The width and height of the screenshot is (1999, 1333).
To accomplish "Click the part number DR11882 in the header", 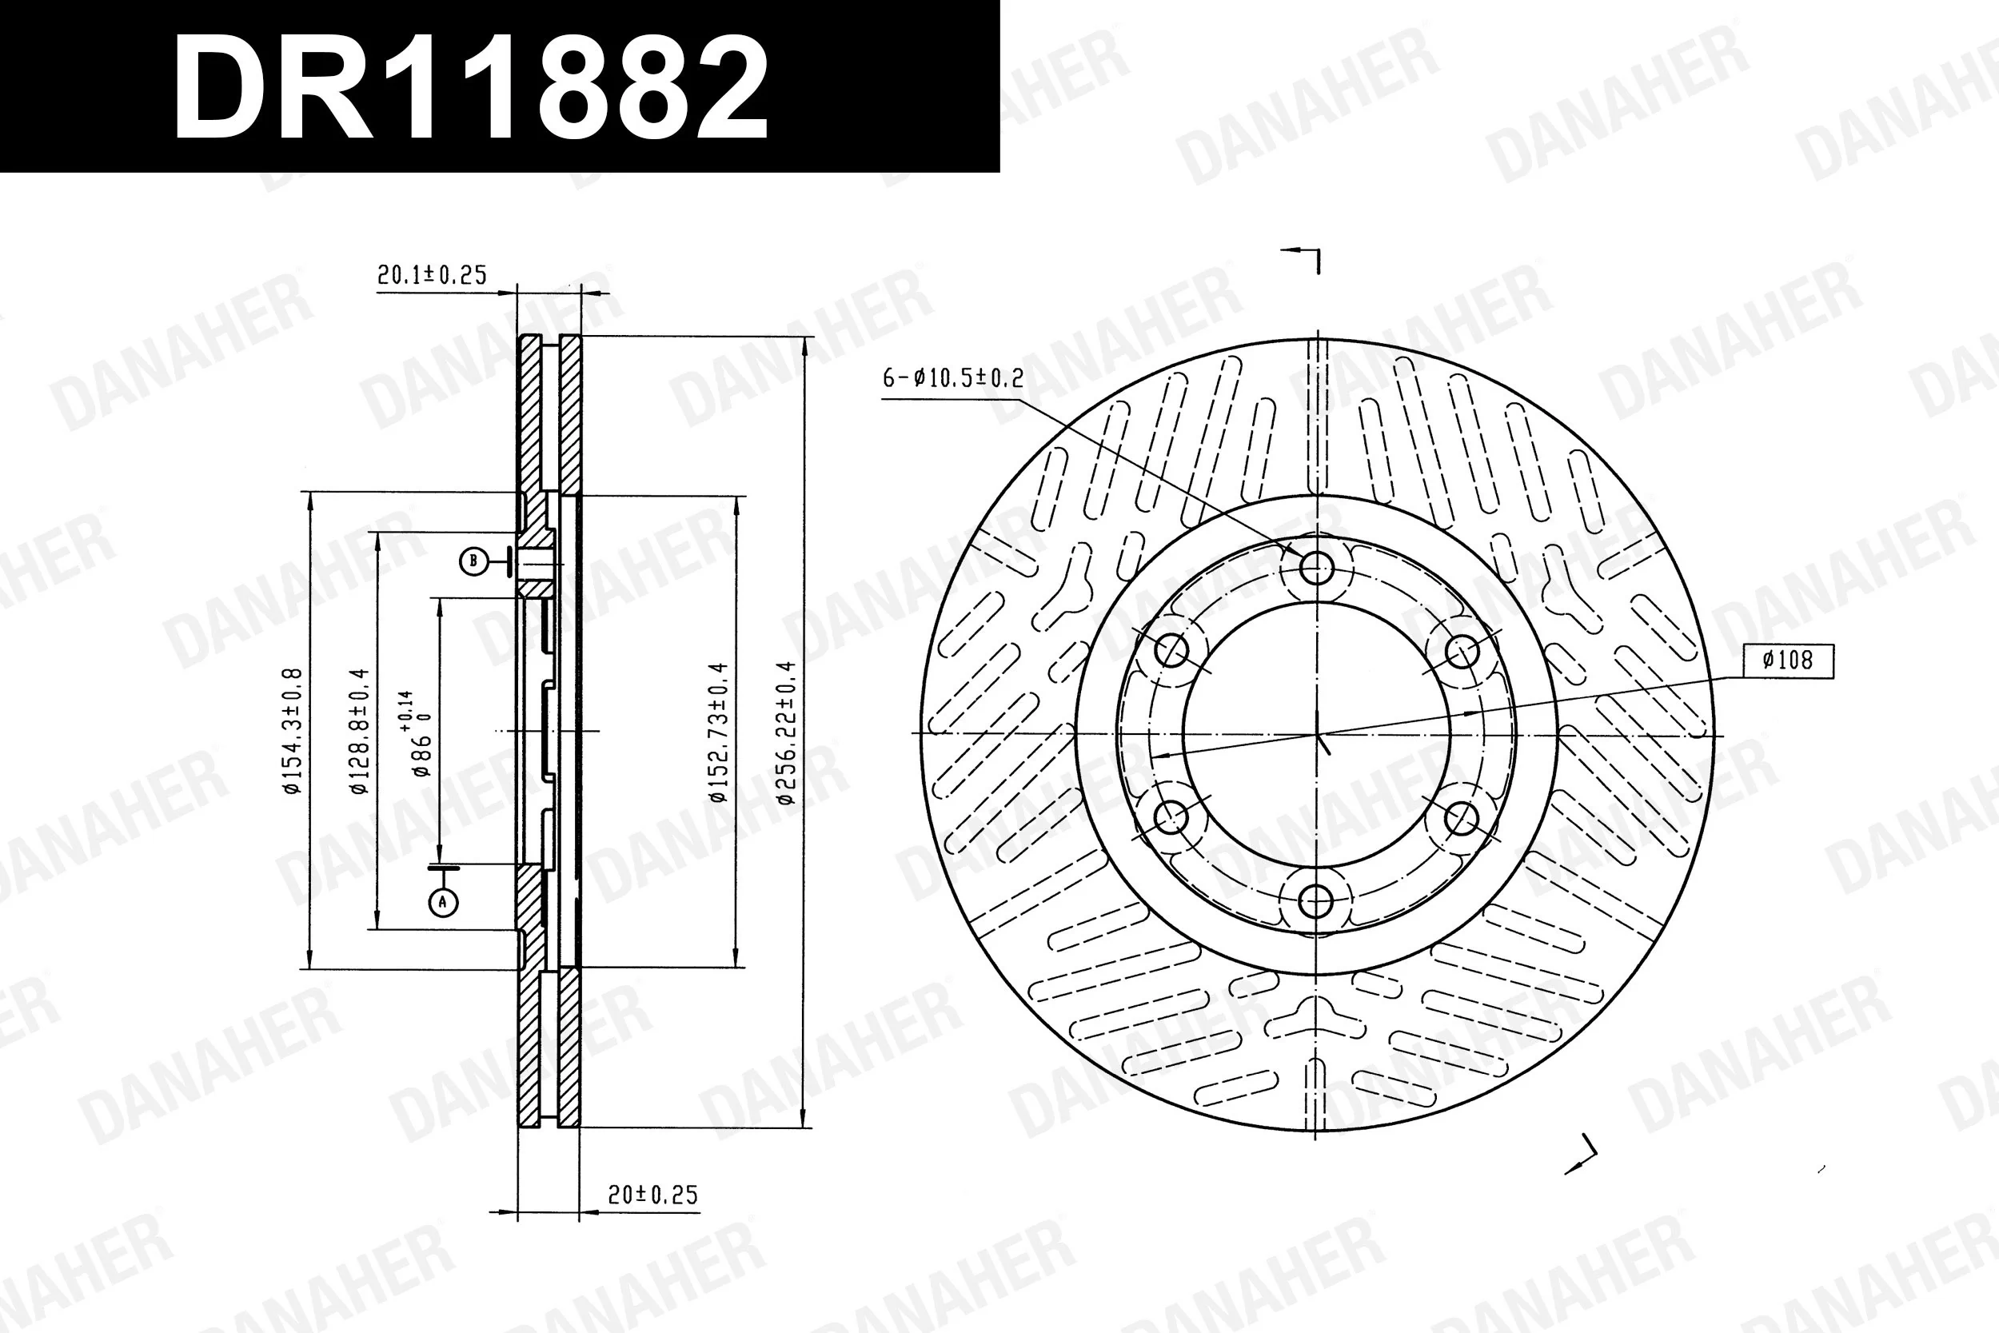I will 470,88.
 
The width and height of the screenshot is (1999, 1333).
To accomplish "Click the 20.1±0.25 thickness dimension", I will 431,274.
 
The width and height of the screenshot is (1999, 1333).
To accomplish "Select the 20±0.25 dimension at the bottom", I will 652,1195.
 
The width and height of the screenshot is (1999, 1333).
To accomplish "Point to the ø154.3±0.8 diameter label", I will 292,731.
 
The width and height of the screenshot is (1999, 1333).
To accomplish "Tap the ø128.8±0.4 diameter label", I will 359,731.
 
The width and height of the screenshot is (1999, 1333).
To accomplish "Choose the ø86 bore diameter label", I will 420,735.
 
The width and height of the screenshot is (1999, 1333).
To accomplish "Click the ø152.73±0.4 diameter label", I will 718,731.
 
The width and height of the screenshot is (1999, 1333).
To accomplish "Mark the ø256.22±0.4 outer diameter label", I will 785,731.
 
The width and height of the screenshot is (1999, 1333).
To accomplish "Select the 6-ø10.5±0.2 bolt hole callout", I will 953,377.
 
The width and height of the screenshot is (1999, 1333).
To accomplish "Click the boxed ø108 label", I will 1787,660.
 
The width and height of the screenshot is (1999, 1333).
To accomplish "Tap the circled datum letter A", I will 443,902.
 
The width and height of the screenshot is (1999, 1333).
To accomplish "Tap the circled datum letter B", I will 473,561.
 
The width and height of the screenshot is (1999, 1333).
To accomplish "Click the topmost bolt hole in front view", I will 1315,566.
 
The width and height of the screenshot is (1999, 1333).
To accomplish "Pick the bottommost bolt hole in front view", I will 1315,900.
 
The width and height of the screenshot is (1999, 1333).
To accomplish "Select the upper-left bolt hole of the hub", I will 1172,650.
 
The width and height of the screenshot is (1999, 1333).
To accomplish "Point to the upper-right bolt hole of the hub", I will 1462,651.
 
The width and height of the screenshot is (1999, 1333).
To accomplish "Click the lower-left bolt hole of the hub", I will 1171,818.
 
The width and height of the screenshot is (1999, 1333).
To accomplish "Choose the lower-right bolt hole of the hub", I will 1461,819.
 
